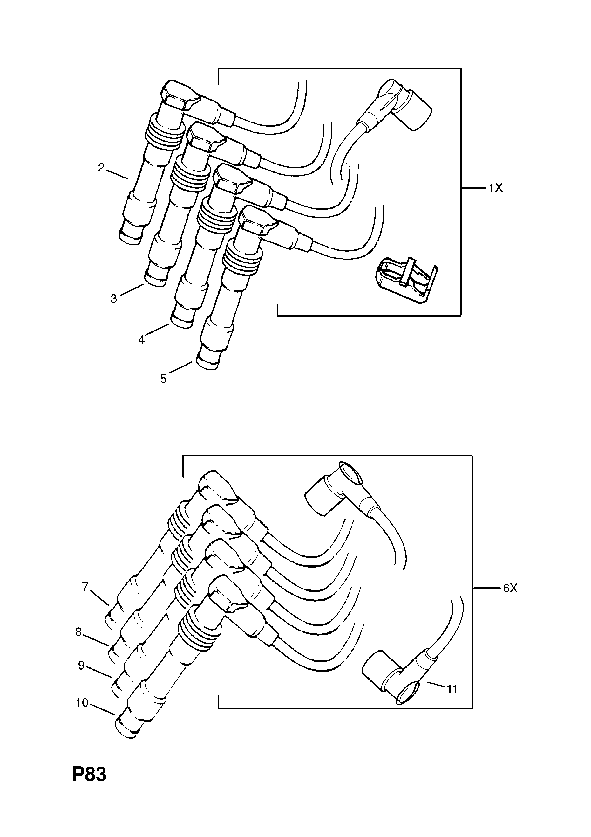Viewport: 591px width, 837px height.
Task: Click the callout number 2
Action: [x=101, y=168]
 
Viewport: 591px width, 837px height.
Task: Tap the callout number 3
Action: [x=114, y=299]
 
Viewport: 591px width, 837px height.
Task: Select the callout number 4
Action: [x=141, y=340]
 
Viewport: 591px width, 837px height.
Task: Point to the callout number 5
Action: [x=163, y=379]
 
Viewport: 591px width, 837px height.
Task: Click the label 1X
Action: [x=495, y=188]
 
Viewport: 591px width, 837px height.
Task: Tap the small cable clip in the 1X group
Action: [x=406, y=280]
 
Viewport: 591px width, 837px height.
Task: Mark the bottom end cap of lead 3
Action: [x=157, y=279]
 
